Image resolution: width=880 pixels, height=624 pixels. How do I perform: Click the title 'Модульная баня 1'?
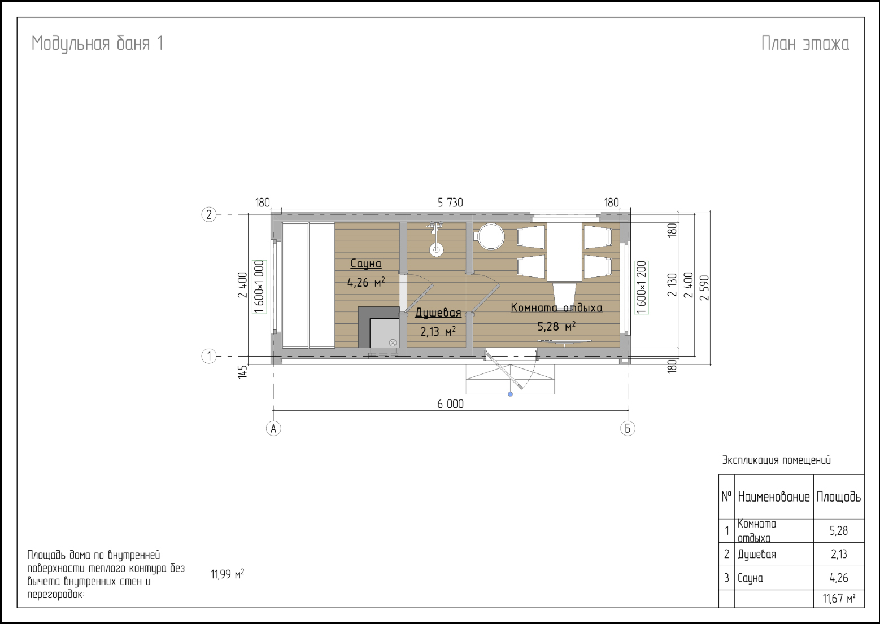point(97,43)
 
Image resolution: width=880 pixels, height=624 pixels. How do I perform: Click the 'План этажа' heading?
point(805,43)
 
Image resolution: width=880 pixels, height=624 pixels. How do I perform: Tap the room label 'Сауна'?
point(366,263)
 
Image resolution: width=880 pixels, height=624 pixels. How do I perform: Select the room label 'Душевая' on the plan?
point(438,313)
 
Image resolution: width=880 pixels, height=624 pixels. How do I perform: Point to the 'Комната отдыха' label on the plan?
point(557,308)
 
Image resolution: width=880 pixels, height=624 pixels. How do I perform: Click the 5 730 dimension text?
point(450,203)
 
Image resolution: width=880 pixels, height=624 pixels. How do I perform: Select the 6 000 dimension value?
point(450,404)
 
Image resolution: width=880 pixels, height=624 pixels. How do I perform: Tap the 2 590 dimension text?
point(705,288)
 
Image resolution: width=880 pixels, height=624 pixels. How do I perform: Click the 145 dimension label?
point(243,372)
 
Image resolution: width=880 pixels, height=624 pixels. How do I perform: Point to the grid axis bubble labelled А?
point(273,428)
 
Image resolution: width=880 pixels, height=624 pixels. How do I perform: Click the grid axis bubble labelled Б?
point(628,428)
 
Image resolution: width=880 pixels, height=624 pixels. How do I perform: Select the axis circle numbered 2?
point(208,214)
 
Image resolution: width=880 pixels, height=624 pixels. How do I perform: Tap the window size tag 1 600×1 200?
point(641,287)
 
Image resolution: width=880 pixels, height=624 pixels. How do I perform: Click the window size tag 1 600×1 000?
point(259,287)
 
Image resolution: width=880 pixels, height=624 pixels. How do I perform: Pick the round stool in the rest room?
point(491,236)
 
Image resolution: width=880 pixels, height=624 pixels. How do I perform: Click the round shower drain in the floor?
point(436,249)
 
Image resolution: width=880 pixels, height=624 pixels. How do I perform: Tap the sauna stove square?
point(385,333)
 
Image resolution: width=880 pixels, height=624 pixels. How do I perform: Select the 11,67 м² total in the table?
point(839,599)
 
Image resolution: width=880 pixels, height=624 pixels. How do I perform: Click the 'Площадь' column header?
point(838,497)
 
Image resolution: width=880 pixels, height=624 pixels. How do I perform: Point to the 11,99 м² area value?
point(227,574)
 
